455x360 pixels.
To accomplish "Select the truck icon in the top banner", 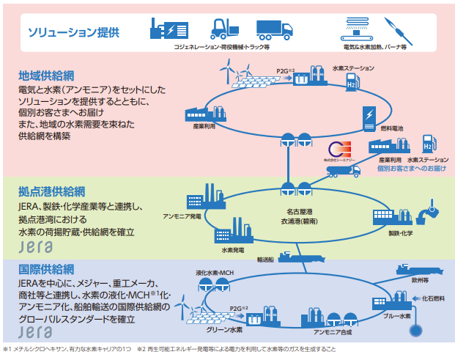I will point(273,28).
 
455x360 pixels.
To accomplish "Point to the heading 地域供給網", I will point(47,76).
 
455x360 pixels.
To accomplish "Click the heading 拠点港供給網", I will point(51,193).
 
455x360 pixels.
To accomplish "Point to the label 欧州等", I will point(419,279).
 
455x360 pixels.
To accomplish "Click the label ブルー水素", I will point(396,315).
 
